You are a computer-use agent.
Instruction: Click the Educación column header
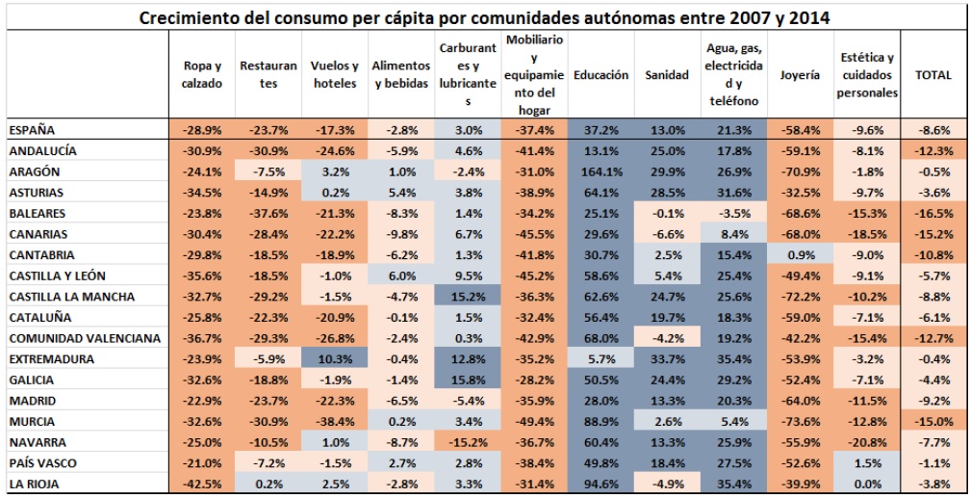600,75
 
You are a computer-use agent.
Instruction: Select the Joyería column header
800,75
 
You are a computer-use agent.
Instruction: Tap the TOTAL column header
932,75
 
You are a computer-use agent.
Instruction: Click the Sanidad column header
667,75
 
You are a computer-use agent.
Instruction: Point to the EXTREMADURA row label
51,358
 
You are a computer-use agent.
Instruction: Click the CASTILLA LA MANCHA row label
71,296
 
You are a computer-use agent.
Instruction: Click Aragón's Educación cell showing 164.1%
600,171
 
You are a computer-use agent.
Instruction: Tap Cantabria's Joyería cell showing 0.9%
800,254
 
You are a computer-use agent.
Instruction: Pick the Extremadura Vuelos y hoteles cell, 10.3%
334,358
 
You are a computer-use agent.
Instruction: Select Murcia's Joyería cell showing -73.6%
800,421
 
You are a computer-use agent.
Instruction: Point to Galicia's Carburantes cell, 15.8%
468,380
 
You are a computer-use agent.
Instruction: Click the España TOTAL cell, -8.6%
932,130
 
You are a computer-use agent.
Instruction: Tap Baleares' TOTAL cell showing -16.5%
932,213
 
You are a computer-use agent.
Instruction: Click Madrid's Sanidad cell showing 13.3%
667,401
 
